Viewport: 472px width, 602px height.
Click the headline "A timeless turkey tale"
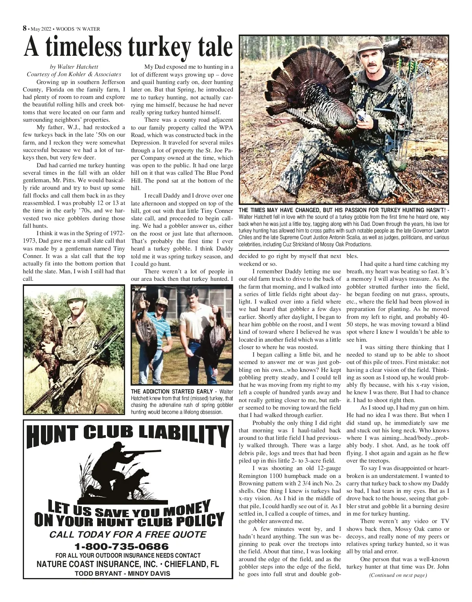[128, 47]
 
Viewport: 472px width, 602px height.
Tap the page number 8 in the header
[25, 28]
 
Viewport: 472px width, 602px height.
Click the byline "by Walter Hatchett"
[74, 67]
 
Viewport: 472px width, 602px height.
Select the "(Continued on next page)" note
[398, 575]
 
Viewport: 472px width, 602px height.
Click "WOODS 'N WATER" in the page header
[78, 29]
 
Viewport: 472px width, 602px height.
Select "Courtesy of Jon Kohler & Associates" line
[74, 74]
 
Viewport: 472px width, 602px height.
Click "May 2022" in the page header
[41, 29]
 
